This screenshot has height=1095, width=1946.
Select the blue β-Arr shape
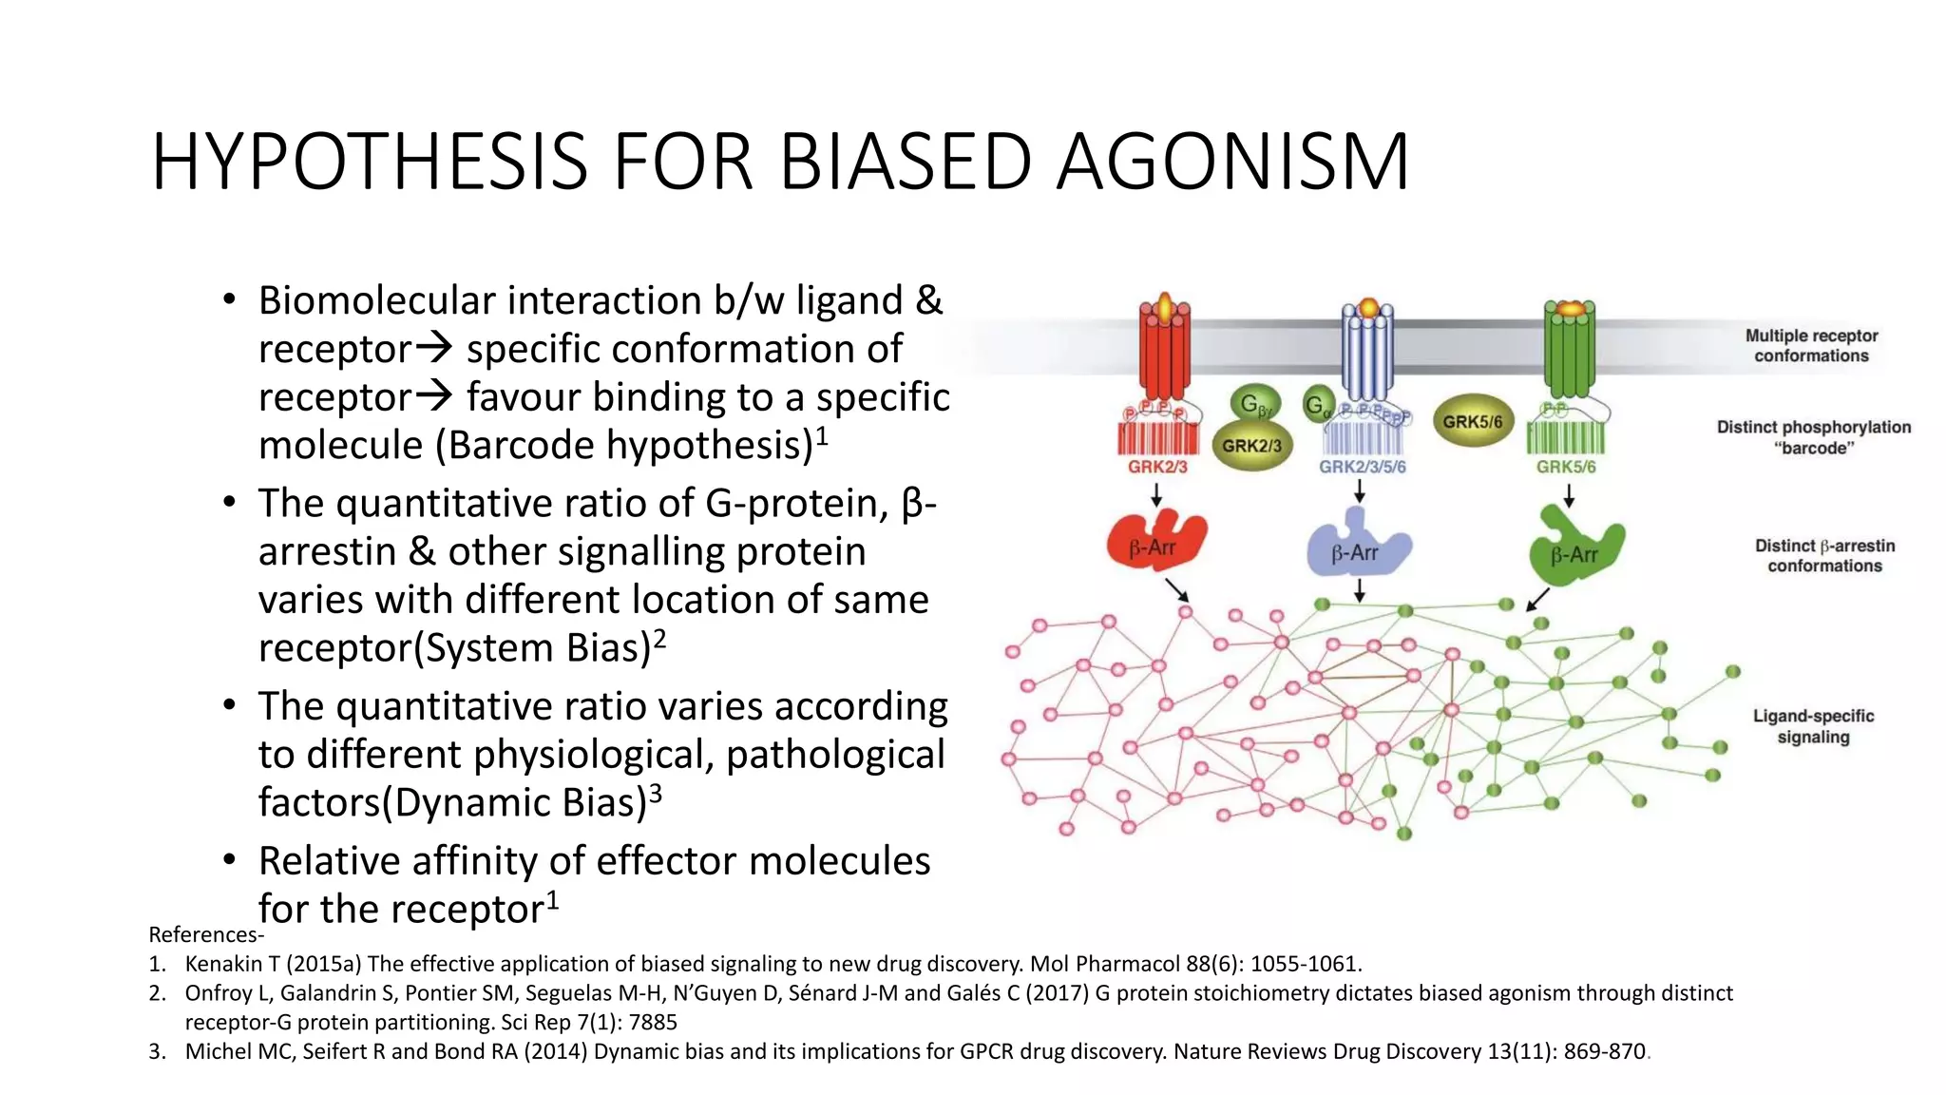pyautogui.click(x=1357, y=547)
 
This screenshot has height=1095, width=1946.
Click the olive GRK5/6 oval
pyautogui.click(x=1472, y=421)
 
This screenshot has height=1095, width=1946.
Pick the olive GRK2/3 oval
pyautogui.click(x=1251, y=445)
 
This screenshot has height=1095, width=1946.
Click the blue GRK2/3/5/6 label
pyautogui.click(x=1362, y=467)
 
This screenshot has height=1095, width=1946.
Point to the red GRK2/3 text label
pyautogui.click(x=1156, y=467)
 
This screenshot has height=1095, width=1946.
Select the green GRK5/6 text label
pyautogui.click(x=1566, y=467)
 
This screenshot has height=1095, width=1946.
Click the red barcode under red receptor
pyautogui.click(x=1156, y=439)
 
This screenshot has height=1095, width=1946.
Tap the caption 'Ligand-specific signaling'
pyautogui.click(x=1813, y=726)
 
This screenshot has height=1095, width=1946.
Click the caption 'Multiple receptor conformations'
pyautogui.click(x=1811, y=345)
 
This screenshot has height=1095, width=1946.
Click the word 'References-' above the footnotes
pyautogui.click(x=206, y=934)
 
